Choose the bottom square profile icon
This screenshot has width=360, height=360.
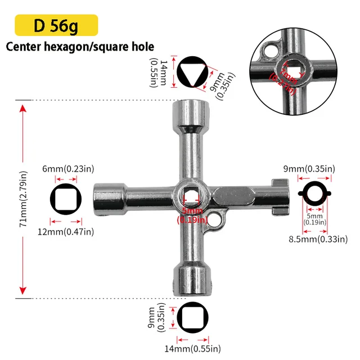193,317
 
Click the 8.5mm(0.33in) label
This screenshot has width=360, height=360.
318,240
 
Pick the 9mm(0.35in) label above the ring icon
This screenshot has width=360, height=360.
309,169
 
